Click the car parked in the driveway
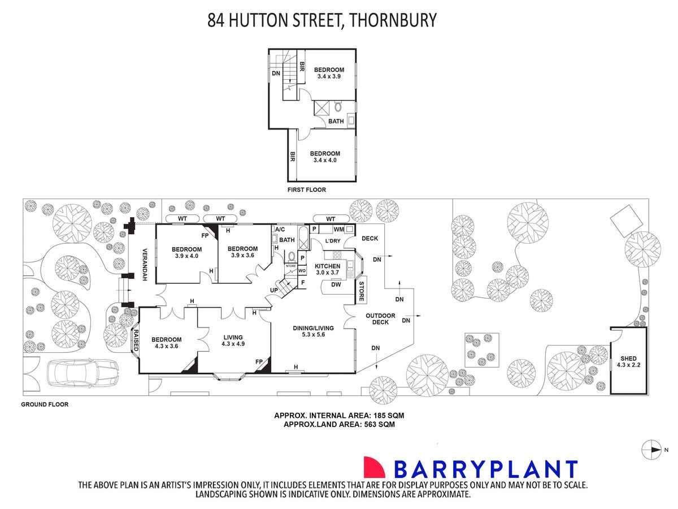82,372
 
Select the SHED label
629,358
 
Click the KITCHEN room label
327,266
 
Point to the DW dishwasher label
336,284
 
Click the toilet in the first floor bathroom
338,107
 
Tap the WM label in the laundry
338,229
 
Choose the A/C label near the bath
280,229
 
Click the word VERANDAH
144,265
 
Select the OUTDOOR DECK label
380,318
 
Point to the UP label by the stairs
274,290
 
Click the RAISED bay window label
136,340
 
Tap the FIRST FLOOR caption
306,189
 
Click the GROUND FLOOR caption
45,404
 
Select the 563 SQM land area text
380,424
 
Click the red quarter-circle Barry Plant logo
374,467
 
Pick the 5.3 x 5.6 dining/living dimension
313,334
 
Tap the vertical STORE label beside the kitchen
361,291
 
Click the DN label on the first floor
276,74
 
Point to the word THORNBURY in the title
393,20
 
